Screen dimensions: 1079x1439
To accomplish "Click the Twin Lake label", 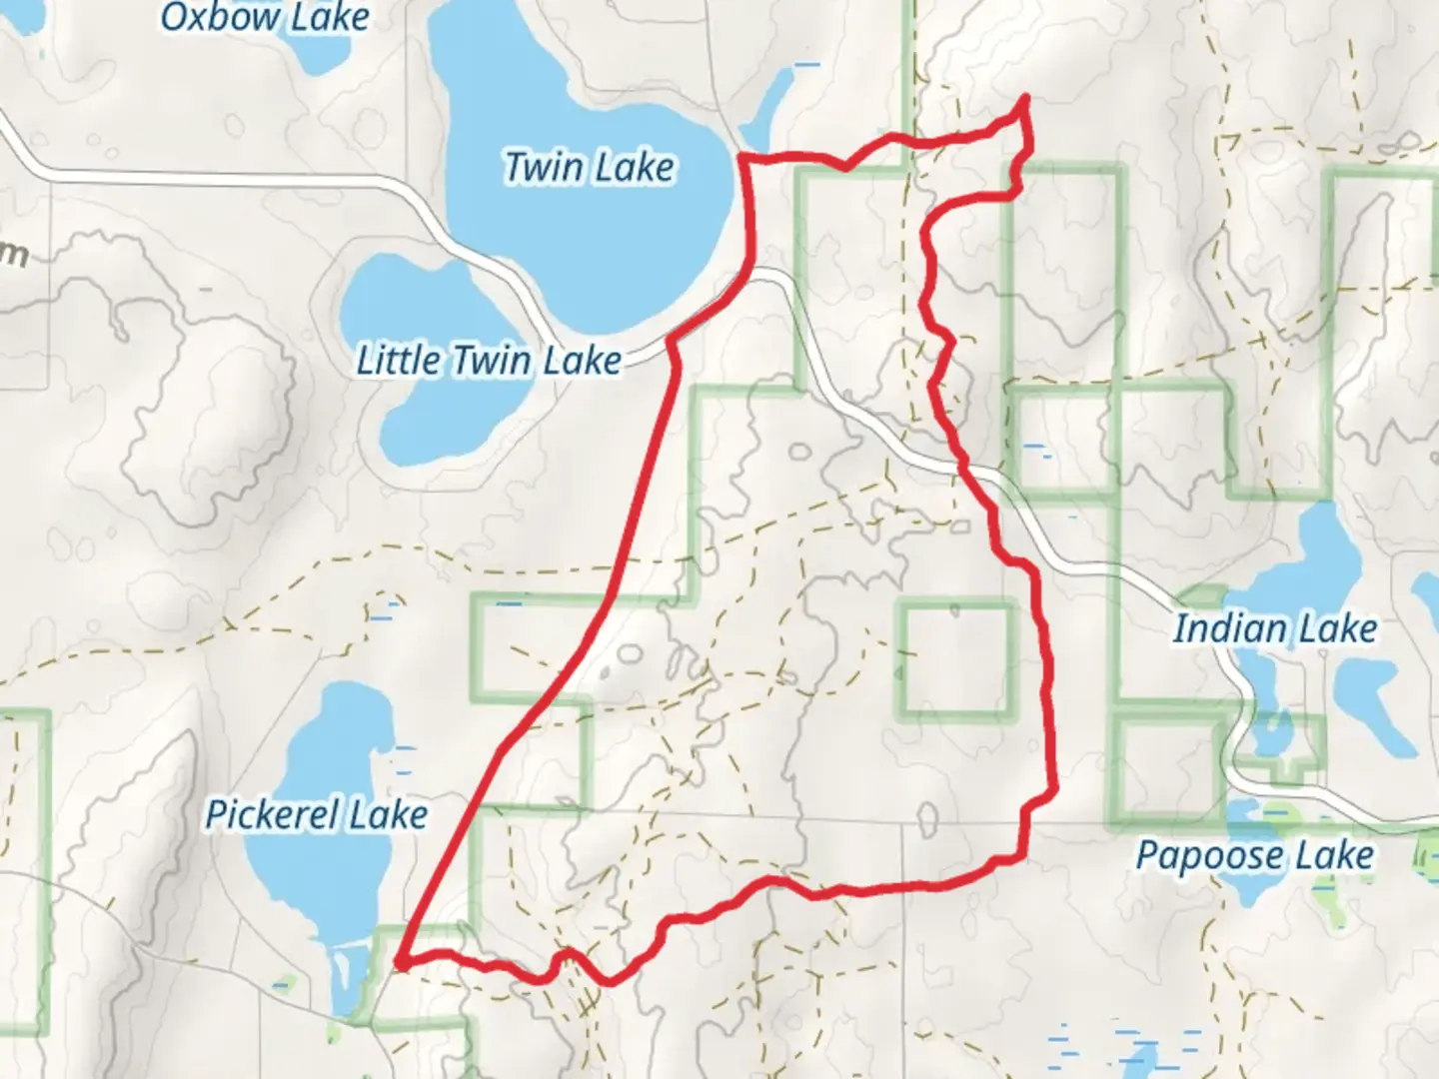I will [x=589, y=167].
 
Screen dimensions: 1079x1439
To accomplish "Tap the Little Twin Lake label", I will [x=489, y=360].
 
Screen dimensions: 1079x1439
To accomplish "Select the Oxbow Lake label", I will [x=265, y=16].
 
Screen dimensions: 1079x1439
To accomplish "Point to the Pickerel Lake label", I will [x=317, y=815].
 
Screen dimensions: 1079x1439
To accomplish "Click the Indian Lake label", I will [x=1275, y=628].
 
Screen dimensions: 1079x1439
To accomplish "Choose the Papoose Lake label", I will [x=1255, y=855].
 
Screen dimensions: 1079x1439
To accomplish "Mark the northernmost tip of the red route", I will [x=1025, y=97].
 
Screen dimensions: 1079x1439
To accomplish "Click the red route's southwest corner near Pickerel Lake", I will [x=398, y=962].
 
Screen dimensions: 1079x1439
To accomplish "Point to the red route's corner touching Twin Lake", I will [x=741, y=156].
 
